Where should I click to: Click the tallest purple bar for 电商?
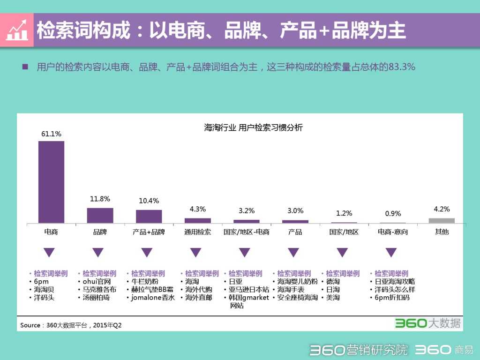point(51,182)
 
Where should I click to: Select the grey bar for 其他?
point(442,220)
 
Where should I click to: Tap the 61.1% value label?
point(51,134)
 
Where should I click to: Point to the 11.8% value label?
point(100,199)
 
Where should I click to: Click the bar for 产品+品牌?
point(149,216)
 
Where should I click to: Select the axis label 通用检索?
point(197,232)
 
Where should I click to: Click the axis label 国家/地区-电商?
point(246,232)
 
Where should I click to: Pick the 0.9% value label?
point(393,213)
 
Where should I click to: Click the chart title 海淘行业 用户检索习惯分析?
point(253,127)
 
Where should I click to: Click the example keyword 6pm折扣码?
point(392,298)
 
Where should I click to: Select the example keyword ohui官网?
point(96,282)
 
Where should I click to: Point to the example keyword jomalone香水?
point(152,298)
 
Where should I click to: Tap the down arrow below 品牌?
point(97,253)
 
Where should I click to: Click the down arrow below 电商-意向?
point(391,253)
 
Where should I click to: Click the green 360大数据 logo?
point(427,323)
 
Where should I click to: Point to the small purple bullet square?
point(25,67)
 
